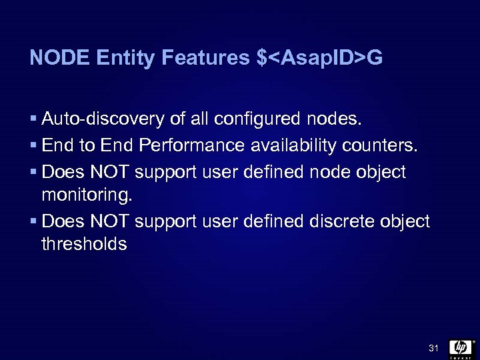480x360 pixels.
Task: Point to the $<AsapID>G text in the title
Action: [319, 59]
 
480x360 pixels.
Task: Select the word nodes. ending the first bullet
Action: [337, 119]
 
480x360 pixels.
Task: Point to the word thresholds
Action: [84, 244]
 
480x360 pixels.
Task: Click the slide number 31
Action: [433, 348]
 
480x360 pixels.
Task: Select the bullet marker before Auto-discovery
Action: [33, 120]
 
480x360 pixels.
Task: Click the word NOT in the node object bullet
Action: [112, 172]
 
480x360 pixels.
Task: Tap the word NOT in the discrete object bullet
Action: [112, 221]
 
